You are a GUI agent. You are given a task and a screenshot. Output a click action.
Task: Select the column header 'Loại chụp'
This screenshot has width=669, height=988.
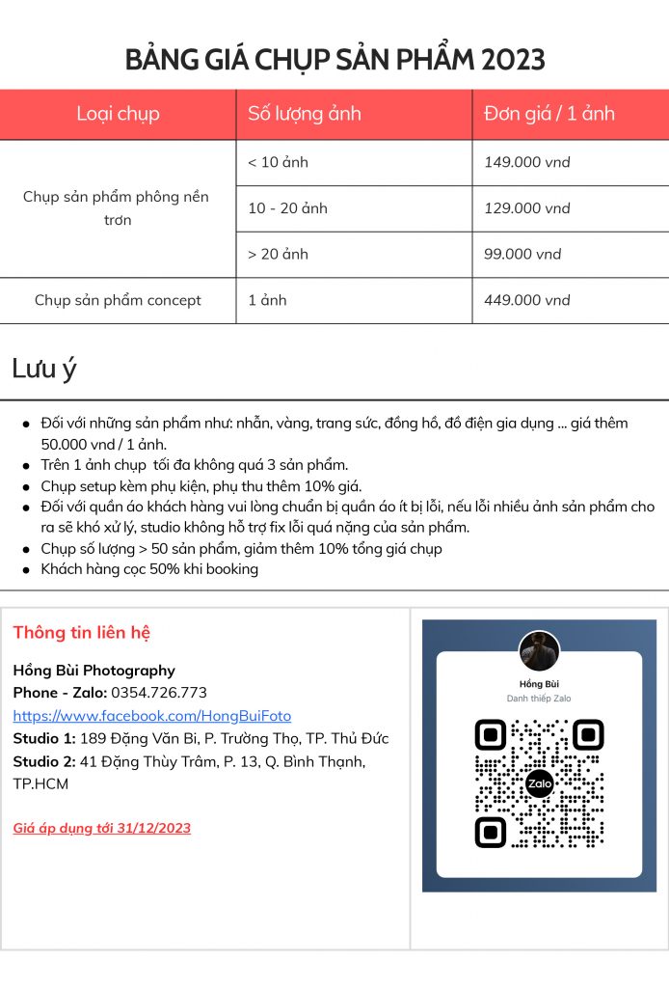coord(118,114)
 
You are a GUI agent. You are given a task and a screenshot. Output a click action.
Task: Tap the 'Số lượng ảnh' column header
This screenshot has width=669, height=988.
coord(305,114)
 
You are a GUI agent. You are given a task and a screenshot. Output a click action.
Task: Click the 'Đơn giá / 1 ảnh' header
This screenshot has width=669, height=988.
coord(549,114)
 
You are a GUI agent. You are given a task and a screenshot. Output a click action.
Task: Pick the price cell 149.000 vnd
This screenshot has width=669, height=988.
coord(527,162)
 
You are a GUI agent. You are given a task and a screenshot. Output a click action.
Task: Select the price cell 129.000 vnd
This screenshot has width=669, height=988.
coord(527,208)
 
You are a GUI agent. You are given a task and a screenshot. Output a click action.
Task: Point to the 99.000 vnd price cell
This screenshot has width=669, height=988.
coord(522,255)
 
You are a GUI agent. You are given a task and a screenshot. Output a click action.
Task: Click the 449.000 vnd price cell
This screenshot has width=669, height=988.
coord(527,300)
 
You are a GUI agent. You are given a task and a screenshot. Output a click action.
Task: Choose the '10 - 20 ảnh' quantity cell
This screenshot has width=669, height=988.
coord(287,208)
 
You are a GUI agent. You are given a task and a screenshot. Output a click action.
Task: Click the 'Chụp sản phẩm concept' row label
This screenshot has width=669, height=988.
coord(118,300)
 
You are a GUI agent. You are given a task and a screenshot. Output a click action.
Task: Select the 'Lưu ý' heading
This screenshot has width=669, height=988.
coord(44,369)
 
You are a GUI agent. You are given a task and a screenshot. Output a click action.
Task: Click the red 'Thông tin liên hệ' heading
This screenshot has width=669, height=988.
coord(82,633)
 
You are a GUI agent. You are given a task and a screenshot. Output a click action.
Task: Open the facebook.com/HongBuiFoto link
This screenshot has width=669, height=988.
coord(151,716)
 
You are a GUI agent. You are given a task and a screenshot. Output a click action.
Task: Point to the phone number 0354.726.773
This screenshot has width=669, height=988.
coord(159,693)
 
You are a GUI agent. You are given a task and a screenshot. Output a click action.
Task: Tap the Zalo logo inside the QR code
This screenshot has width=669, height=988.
coord(540,783)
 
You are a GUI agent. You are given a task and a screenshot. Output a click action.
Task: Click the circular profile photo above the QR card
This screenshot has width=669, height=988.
coord(540,651)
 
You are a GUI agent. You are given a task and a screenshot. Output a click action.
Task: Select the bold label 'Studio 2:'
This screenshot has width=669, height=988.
coord(44,761)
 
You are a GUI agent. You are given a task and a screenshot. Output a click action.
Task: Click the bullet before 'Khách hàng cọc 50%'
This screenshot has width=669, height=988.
coord(26,570)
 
